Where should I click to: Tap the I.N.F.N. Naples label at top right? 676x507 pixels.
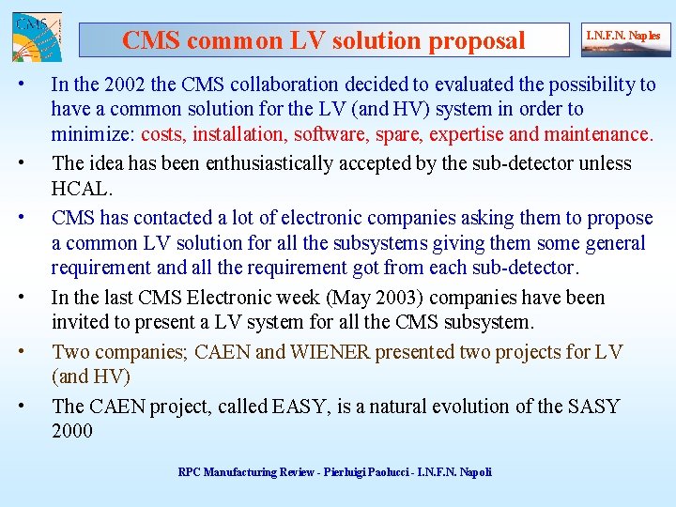(622, 37)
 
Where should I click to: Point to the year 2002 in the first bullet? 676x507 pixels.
(115, 84)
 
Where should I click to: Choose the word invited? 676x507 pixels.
(79, 322)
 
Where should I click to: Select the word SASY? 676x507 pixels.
(593, 407)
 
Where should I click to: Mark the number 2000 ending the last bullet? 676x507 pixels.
(72, 431)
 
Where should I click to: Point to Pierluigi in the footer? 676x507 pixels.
(344, 472)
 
